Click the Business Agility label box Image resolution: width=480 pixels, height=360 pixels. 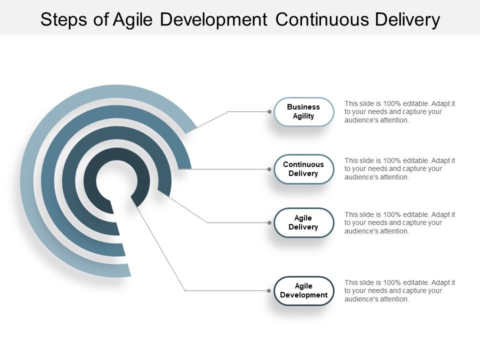point(303,111)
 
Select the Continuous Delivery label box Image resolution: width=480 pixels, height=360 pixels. point(303,169)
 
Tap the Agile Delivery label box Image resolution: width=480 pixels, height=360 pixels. point(303,222)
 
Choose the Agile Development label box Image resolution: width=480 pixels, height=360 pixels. point(303,290)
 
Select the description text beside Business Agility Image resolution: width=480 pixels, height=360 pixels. point(399,112)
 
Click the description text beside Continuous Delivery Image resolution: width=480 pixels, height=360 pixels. point(399,169)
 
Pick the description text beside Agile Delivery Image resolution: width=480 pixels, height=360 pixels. point(399,223)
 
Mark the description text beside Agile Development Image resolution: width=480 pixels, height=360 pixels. point(399,291)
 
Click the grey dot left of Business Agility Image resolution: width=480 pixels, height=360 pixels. point(269,111)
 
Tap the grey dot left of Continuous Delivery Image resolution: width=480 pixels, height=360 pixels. point(269,169)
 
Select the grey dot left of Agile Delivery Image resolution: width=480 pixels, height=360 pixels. point(269,222)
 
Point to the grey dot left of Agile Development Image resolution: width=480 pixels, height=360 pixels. point(269,290)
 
